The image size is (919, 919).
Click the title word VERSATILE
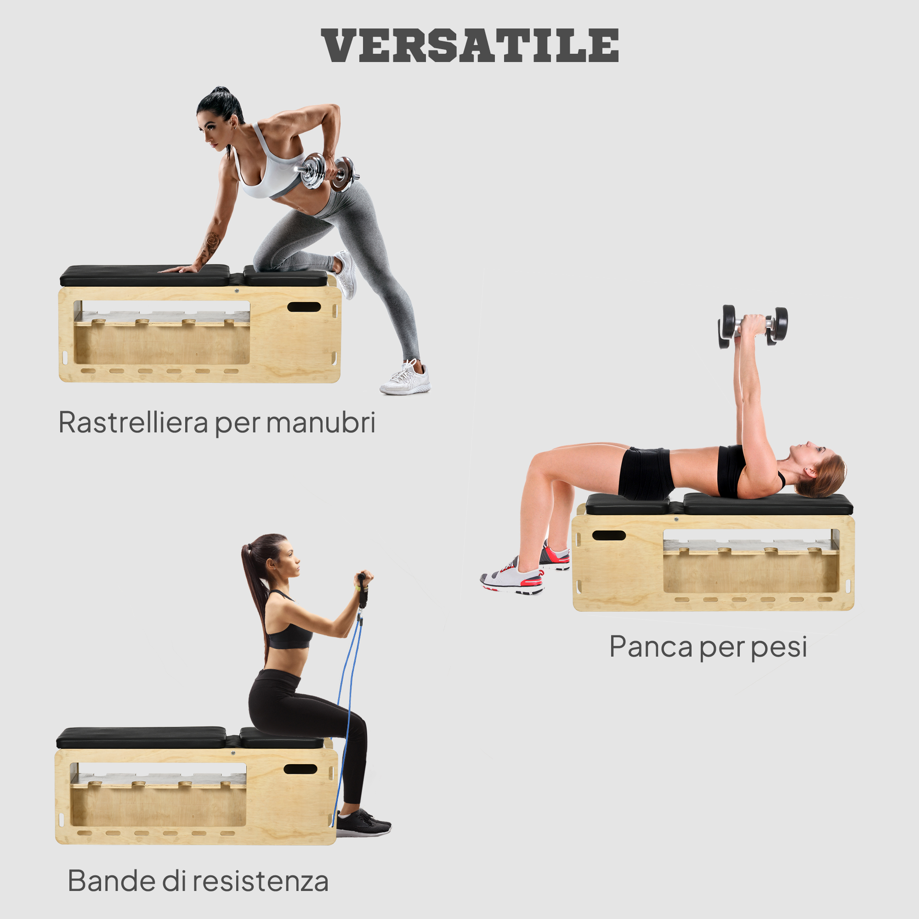coord(470,45)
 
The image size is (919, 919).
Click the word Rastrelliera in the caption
coord(133,422)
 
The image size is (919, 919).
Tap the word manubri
coord(321,422)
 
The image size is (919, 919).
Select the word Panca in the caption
coord(651,647)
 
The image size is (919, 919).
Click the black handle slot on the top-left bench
coord(304,307)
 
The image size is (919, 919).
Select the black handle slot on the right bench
coord(609,535)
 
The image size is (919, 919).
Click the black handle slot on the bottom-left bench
coord(300,769)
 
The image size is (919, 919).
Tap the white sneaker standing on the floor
coord(405,378)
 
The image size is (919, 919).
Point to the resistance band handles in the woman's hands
coord(363,590)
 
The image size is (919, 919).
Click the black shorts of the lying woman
coord(646,473)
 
